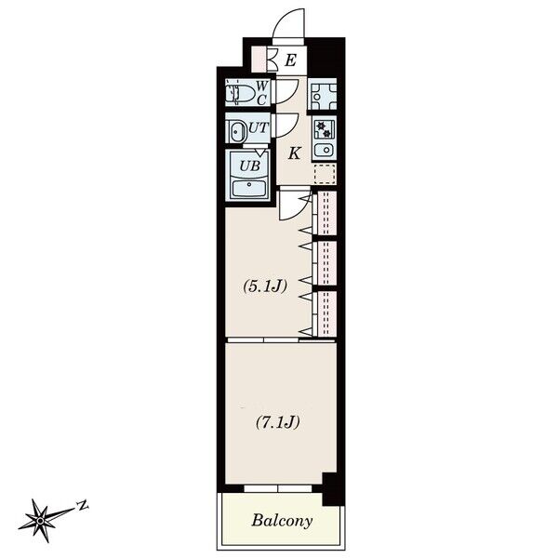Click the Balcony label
pyautogui.click(x=282, y=521)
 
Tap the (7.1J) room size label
pyautogui.click(x=277, y=422)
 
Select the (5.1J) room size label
pyautogui.click(x=264, y=286)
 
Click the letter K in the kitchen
pyautogui.click(x=294, y=153)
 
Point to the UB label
pyautogui.click(x=249, y=166)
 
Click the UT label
pyautogui.click(x=258, y=127)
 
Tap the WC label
pyautogui.click(x=261, y=93)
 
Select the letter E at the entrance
pyautogui.click(x=290, y=60)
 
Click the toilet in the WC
pyautogui.click(x=241, y=93)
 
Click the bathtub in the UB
pyautogui.click(x=248, y=189)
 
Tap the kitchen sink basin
pyautogui.click(x=325, y=150)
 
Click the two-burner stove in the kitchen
pyautogui.click(x=325, y=129)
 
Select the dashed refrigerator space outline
pyautogui.click(x=325, y=174)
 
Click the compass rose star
pyautogui.click(x=40, y=521)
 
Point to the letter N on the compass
pyautogui.click(x=84, y=505)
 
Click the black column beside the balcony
pyautogui.click(x=333, y=488)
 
